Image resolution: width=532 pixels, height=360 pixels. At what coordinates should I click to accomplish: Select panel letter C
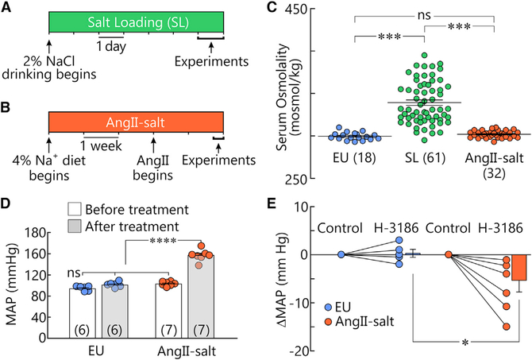tap(279, 9)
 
